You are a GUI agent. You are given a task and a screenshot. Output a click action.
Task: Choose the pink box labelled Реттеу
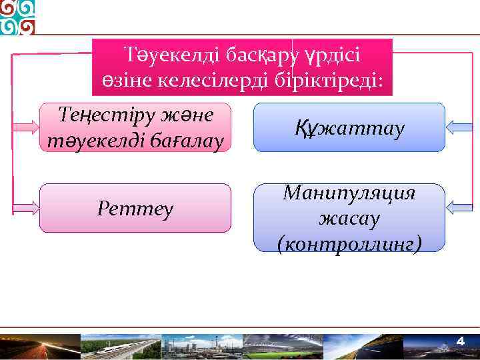(x=135, y=209)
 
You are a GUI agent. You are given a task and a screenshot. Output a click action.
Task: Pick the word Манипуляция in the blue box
(x=349, y=193)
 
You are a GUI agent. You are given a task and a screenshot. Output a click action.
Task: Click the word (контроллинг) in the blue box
(x=349, y=243)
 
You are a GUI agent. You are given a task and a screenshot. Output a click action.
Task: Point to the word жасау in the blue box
(x=349, y=218)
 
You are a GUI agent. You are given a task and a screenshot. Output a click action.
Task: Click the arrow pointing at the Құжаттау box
(x=459, y=127)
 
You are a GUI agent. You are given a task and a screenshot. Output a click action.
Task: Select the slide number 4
(x=459, y=342)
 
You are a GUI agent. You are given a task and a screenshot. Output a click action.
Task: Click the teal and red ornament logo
(x=18, y=17)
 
